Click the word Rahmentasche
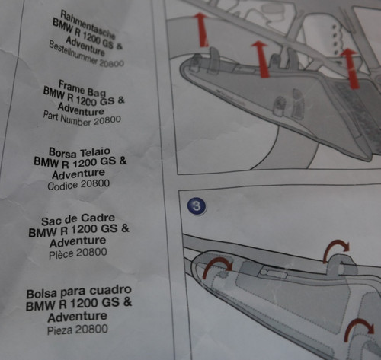pos(88,24)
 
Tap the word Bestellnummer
pos(73,53)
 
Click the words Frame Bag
pos(82,88)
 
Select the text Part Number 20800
pos(82,119)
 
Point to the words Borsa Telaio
pos(79,152)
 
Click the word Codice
pos(62,186)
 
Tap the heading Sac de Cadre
pos(78,219)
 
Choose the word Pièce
pos(61,254)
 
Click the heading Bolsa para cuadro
pos(78,292)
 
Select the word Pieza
pos(60,330)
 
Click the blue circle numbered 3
pos(197,205)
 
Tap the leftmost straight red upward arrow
pos(202,30)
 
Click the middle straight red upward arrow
pos(261,59)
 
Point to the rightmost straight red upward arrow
pos(351,68)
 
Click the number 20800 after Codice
pos(95,183)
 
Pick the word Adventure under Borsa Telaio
pos(78,174)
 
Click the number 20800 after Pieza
pos(91,330)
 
